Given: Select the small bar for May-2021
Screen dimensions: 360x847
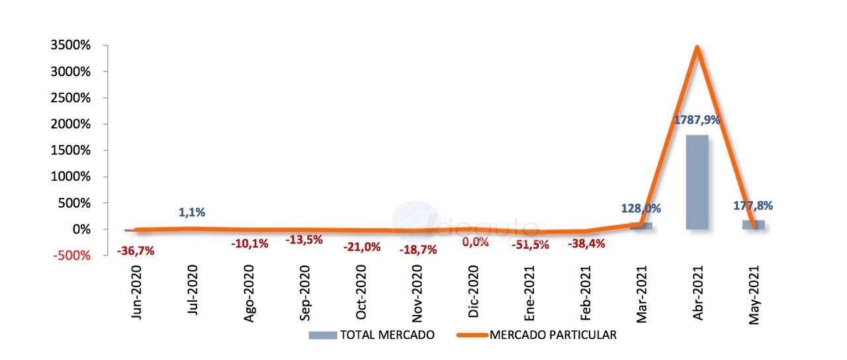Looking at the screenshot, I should [753, 225].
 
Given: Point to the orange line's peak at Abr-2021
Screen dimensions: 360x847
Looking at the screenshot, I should [697, 48].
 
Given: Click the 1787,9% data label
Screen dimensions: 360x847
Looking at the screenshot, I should [697, 120].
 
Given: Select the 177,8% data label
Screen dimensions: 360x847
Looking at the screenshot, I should [753, 205].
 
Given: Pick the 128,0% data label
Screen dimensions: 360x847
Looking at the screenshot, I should [641, 208].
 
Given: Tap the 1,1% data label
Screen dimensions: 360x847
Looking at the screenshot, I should [192, 212].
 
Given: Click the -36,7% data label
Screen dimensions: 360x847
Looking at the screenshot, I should [136, 251].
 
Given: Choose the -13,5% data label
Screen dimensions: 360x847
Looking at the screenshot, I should [304, 240].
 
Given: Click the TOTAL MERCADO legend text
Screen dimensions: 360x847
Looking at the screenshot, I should [386, 335].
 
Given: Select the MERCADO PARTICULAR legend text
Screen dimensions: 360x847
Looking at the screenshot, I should [553, 335].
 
